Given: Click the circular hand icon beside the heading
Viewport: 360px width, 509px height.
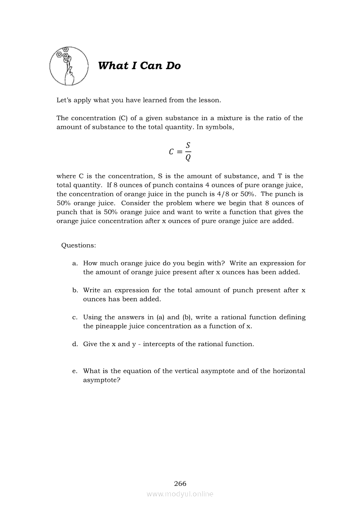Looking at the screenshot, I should pos(69,66).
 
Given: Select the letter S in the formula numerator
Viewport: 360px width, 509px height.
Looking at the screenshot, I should pos(188,145).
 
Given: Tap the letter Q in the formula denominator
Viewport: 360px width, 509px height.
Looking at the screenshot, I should pos(188,158).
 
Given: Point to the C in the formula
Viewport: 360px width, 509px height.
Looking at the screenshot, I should pos(171,152).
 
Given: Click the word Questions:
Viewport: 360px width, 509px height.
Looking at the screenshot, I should pos(78,245).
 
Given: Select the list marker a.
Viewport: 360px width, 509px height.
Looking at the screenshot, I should pos(75,263).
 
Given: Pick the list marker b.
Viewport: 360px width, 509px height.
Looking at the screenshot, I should pos(75,290).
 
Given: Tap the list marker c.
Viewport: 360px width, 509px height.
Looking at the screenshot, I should pos(75,317).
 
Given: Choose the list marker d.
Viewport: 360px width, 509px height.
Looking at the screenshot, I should pos(75,344).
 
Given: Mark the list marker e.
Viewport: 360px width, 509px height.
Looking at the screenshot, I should pos(75,371).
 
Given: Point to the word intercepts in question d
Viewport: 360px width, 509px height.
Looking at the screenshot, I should pos(160,344).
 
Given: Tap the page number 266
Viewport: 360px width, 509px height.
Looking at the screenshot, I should pos(180,483).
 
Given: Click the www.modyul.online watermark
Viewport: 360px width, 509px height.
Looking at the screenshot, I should pos(180,494).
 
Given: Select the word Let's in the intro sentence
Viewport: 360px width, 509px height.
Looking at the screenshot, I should pos(65,100).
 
